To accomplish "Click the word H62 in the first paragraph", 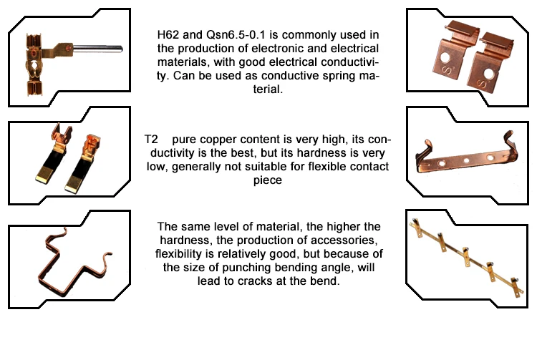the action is pyautogui.click(x=168, y=35).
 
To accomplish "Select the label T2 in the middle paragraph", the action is pyautogui.click(x=151, y=140).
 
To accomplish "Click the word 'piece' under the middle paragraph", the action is pyautogui.click(x=268, y=180).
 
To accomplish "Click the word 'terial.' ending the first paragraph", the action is pyautogui.click(x=268, y=89).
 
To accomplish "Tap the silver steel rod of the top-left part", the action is pyautogui.click(x=98, y=49).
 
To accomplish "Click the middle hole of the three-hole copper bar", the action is pyautogui.click(x=466, y=160).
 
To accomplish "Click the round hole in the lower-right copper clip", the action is pyautogui.click(x=488, y=74).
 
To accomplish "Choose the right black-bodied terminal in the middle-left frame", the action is pyautogui.click(x=83, y=163).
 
